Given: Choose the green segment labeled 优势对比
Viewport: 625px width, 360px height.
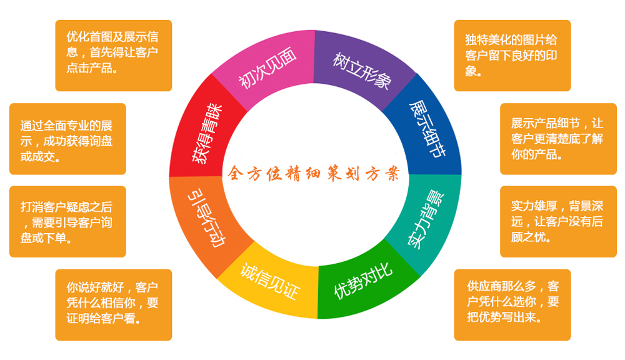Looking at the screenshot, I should (x=363, y=281).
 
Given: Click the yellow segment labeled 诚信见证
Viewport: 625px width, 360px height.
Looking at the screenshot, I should (x=269, y=281).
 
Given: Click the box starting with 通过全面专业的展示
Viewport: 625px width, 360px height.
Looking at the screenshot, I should (x=67, y=139).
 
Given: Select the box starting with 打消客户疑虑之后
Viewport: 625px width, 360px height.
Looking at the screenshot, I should (x=67, y=222).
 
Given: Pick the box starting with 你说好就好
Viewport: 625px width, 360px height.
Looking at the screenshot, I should (x=113, y=304).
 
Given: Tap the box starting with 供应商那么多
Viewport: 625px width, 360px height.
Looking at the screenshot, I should (x=512, y=304).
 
